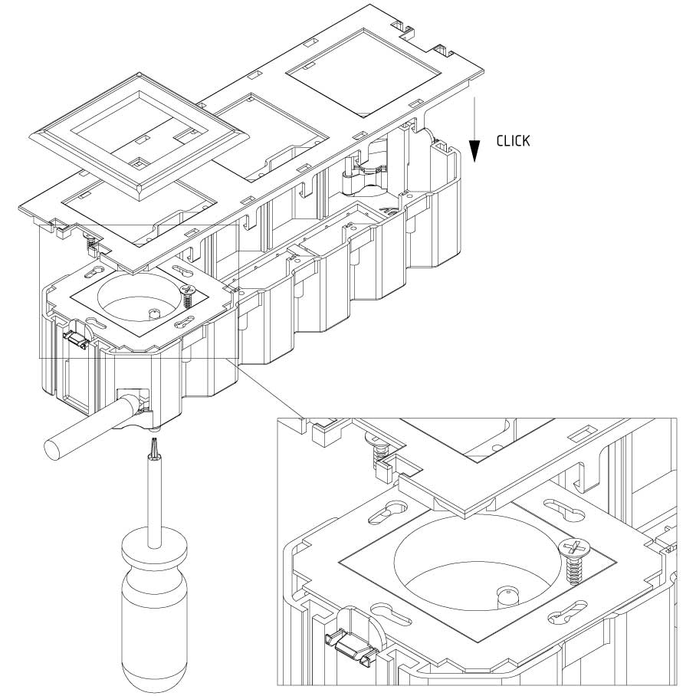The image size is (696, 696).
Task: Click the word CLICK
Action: (513, 141)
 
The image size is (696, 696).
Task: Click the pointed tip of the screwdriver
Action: (152, 442)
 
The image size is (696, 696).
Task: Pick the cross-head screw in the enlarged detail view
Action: (576, 547)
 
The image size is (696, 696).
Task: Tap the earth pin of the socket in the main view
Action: (154, 313)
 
